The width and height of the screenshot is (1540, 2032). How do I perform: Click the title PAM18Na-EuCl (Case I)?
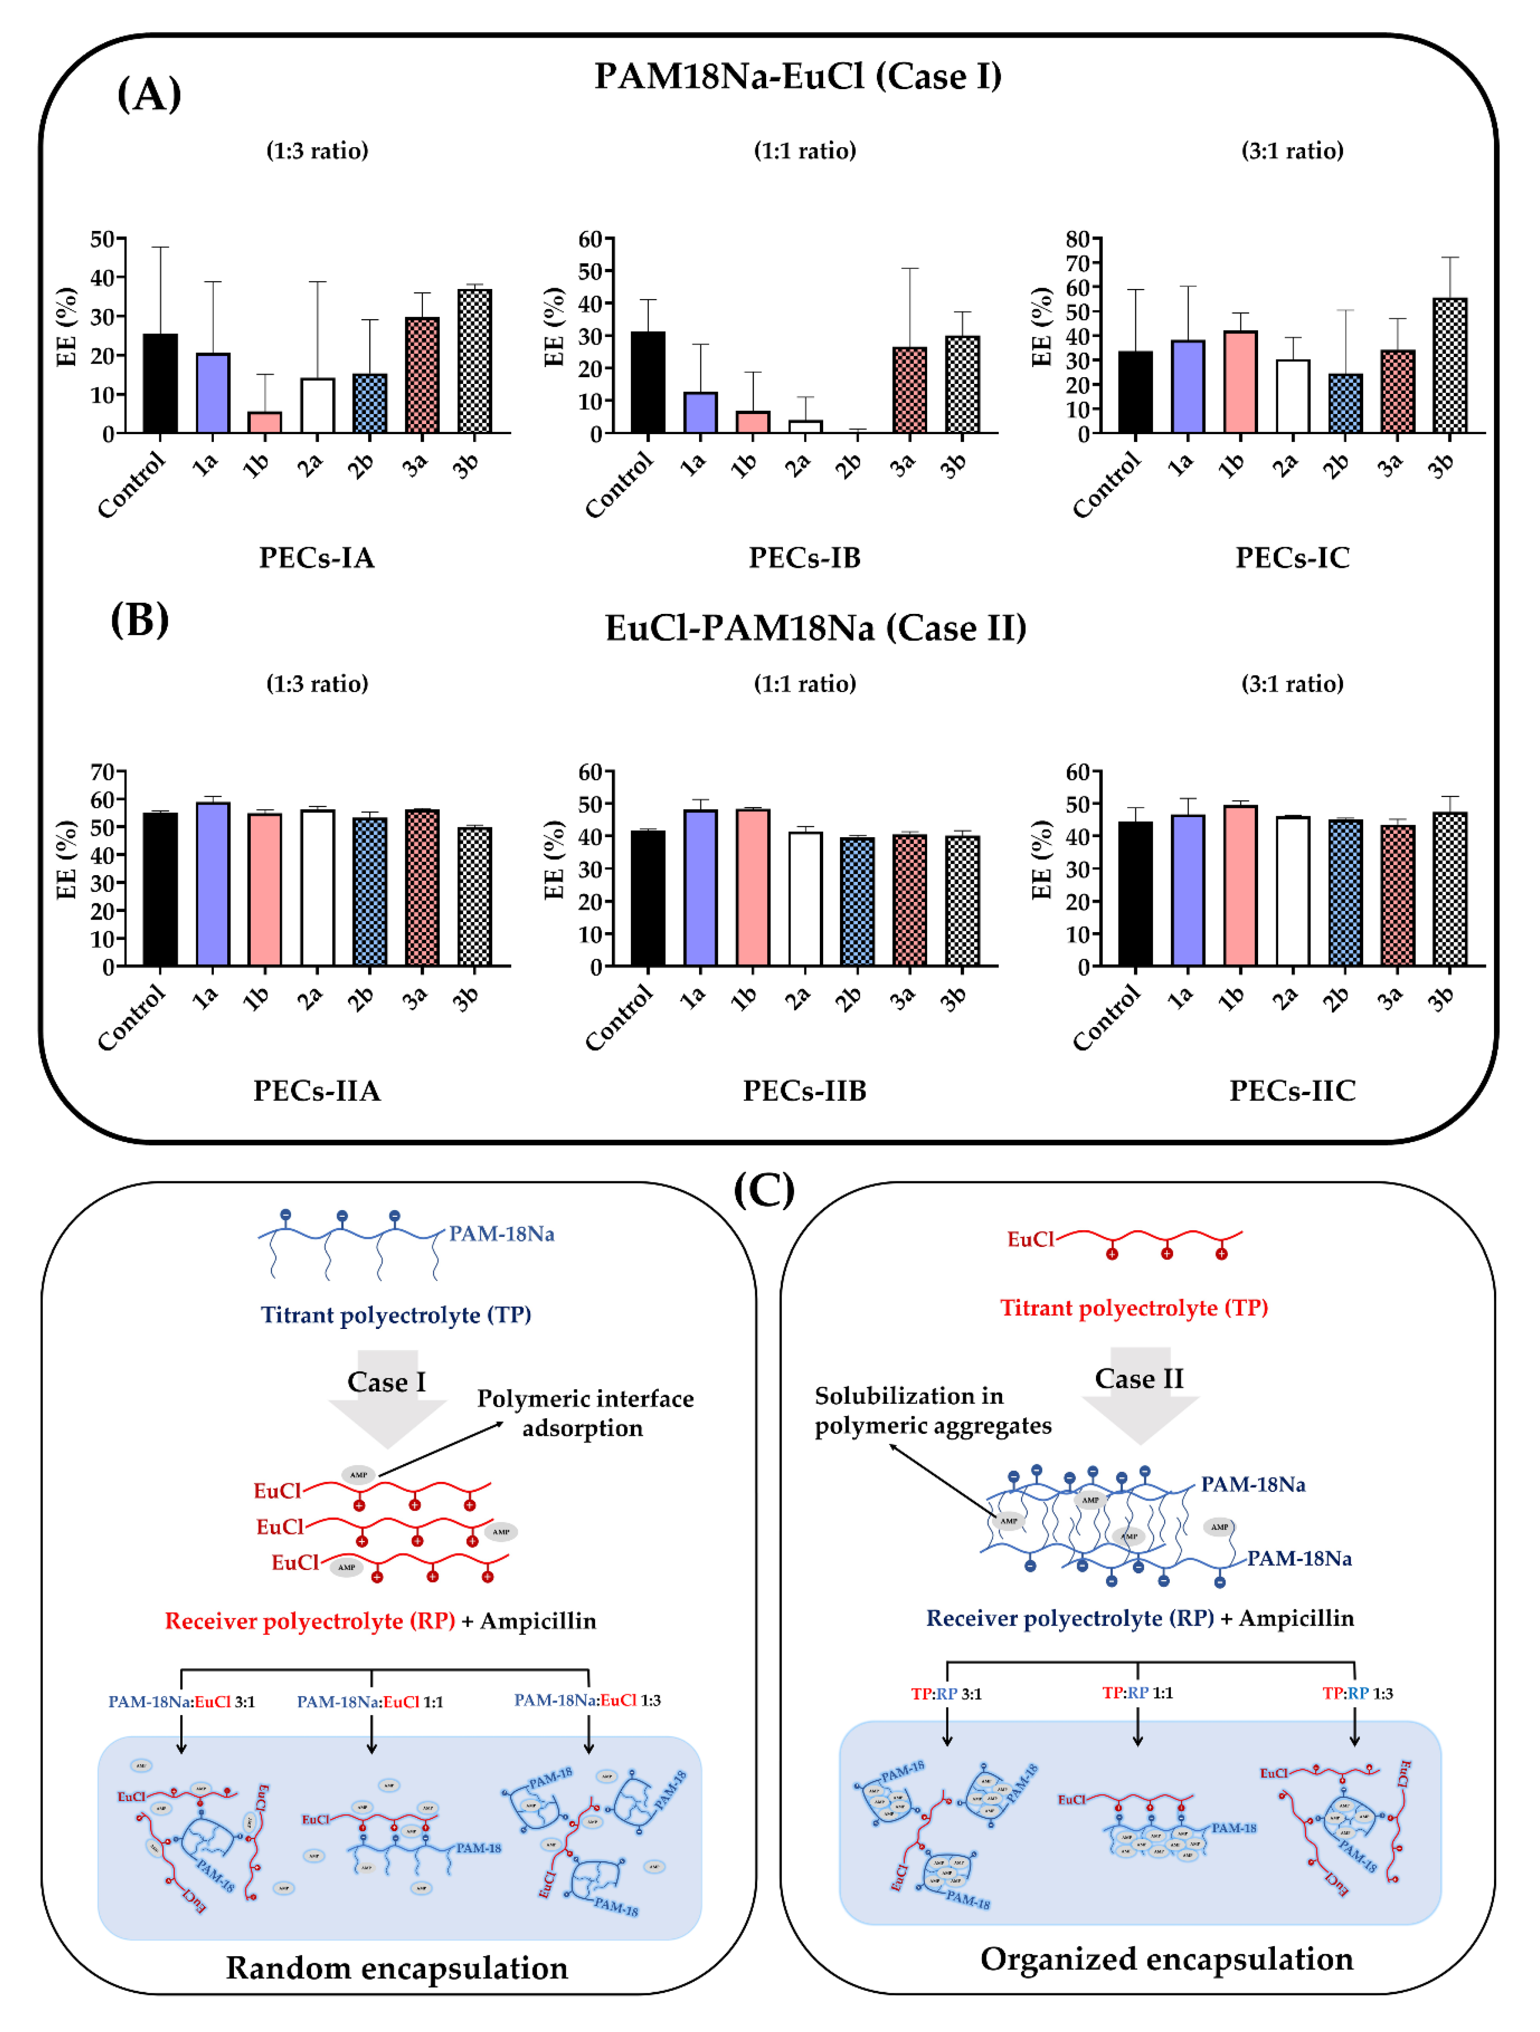coord(797,76)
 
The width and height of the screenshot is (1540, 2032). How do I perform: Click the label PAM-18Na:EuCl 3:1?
coord(182,1701)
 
